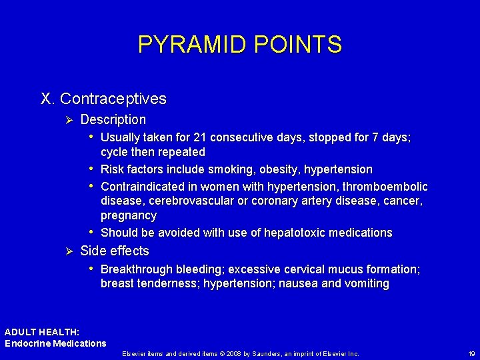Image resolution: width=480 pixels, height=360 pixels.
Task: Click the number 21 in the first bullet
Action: [199, 137]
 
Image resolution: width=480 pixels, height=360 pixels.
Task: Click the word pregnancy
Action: [129, 215]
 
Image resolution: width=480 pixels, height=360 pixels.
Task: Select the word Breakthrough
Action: [135, 269]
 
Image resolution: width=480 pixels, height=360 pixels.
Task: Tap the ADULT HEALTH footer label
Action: [42, 331]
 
